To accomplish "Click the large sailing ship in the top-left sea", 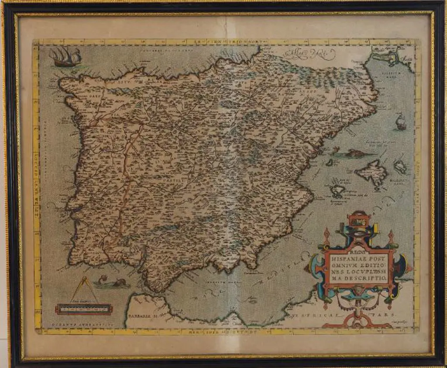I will click(x=65, y=57).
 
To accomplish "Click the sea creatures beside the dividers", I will click(x=111, y=283).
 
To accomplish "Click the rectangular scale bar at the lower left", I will click(x=84, y=309).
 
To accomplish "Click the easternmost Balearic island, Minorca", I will click(x=400, y=166).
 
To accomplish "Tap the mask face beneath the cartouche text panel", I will click(x=359, y=290).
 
